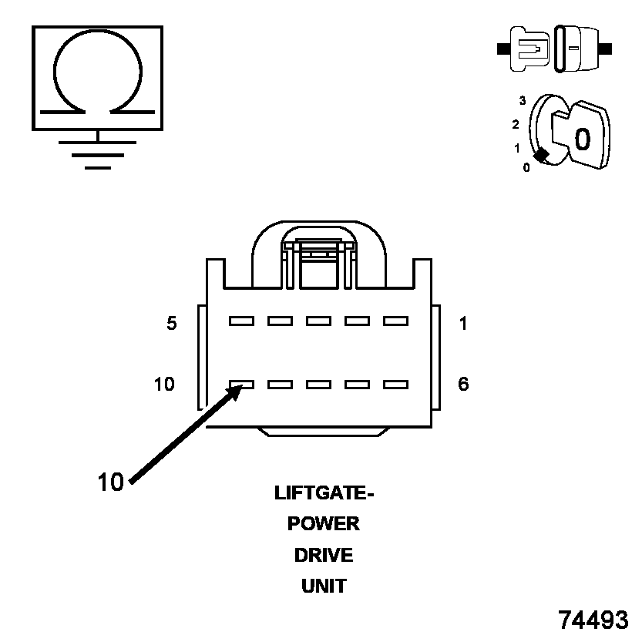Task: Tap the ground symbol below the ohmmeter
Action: pos(97,153)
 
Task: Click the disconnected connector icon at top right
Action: pos(555,49)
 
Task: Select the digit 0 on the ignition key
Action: pos(583,139)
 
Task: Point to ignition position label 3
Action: pos(523,101)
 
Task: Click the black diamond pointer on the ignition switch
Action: pos(542,155)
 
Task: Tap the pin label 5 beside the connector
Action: pos(172,324)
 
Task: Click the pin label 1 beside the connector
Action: pos(463,324)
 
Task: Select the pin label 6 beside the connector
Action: pos(463,384)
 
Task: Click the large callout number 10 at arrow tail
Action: pos(111,482)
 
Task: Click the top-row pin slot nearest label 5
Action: pos(241,321)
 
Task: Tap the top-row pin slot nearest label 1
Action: pos(395,321)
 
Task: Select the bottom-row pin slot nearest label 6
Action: pos(395,383)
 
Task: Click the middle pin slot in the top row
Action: pos(318,321)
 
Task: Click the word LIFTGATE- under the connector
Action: pos(324,492)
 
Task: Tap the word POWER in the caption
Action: pos(324,524)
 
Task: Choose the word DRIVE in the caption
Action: pos(324,555)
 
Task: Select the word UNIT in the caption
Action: pos(324,587)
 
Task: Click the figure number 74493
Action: pos(593,620)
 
